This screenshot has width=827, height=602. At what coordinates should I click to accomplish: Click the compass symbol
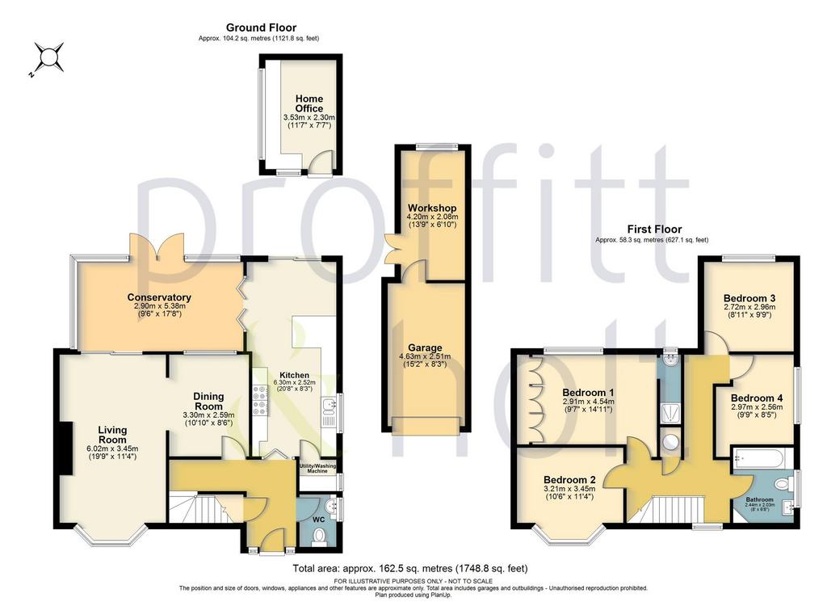coord(48,57)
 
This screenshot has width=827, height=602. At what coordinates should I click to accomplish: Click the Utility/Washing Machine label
coord(317,469)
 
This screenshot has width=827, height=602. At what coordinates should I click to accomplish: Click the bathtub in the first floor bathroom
coord(762,457)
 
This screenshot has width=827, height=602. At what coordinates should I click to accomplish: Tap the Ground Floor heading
coord(261,27)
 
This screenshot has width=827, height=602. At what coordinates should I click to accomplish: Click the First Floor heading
coord(654,229)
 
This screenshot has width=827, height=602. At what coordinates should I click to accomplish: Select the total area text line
coord(409,569)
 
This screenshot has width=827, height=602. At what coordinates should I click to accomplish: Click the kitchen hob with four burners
coord(261,400)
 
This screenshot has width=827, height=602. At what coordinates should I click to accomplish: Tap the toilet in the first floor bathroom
coord(785,482)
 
